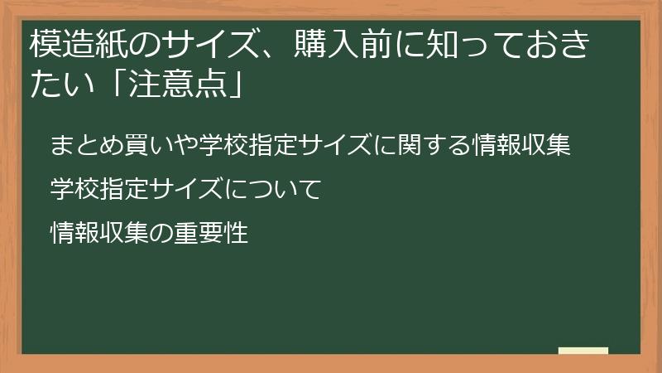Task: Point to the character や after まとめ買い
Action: click(x=175, y=147)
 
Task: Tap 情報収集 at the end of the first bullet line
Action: click(x=522, y=147)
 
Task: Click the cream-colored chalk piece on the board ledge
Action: click(x=583, y=351)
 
